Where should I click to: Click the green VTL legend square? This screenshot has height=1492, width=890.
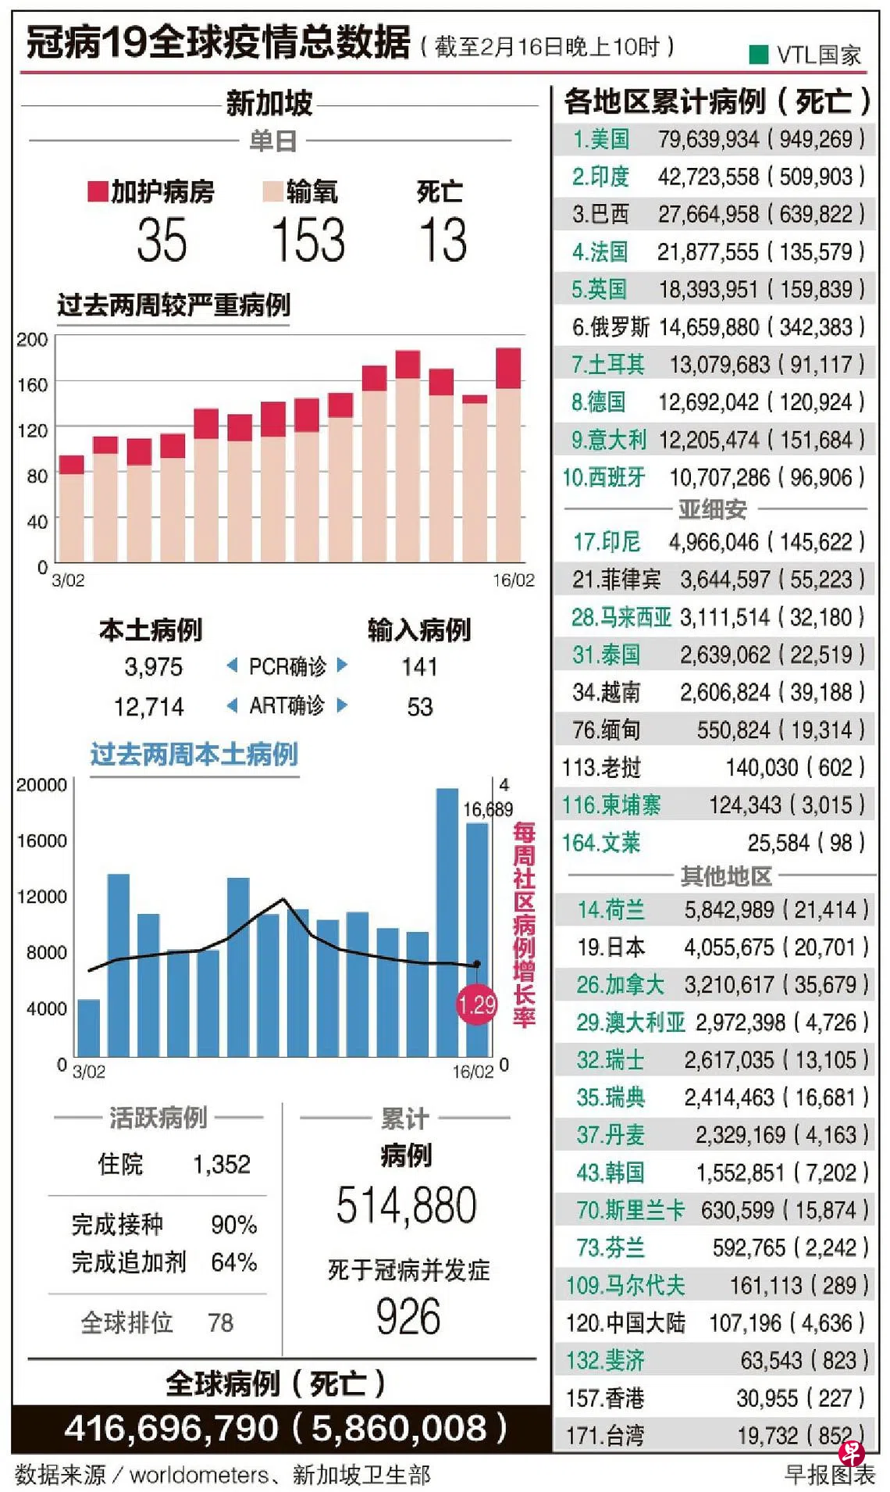pos(757,54)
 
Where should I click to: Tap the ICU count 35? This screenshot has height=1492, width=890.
pos(162,240)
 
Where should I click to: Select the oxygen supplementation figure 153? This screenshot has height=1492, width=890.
pos(308,240)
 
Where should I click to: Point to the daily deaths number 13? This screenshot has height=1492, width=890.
pos(443,240)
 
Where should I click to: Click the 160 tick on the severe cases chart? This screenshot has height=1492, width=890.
pos(32,384)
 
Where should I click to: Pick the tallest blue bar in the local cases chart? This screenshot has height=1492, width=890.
pos(447,922)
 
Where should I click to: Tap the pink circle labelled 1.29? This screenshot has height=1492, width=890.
pos(476,1004)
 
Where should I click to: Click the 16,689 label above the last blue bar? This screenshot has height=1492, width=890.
pos(488,809)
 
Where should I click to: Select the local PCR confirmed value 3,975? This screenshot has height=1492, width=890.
pos(153,667)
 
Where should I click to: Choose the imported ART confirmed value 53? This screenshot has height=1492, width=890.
pos(419,707)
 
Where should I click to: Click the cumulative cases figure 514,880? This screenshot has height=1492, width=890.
pos(406,1205)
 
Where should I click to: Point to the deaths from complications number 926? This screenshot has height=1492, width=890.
pos(408,1317)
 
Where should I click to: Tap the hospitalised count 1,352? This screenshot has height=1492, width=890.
pos(222,1165)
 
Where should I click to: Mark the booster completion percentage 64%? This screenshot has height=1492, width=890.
pos(233,1262)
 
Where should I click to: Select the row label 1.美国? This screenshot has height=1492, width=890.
pos(600,139)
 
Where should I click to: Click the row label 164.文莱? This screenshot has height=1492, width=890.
pos(600,843)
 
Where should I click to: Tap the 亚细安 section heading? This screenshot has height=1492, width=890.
pos(712,509)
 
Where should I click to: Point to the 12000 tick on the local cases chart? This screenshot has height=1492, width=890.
pos(41,897)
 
